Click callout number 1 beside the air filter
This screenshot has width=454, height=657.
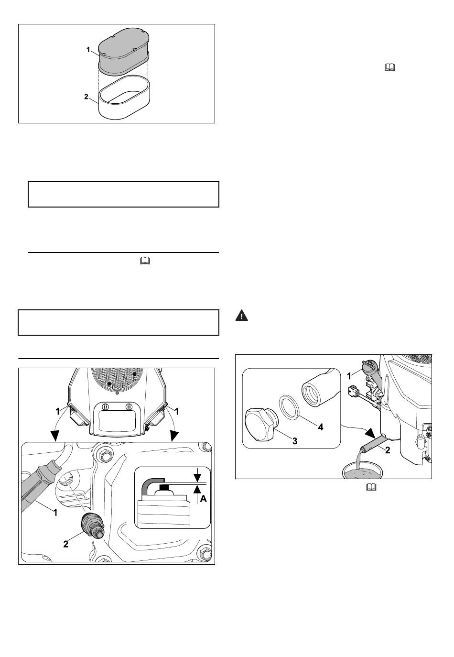click(x=88, y=50)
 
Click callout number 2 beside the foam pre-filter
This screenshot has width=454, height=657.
click(x=86, y=97)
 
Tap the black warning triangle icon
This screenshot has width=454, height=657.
click(x=241, y=315)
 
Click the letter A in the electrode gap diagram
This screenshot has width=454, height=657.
click(x=203, y=499)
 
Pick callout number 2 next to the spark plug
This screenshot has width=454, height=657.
click(x=65, y=544)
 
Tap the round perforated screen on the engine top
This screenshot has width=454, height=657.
click(x=117, y=379)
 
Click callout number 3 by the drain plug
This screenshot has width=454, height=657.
click(x=295, y=441)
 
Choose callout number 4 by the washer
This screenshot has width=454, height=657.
click(x=321, y=427)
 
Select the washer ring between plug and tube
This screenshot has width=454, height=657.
click(x=290, y=407)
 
